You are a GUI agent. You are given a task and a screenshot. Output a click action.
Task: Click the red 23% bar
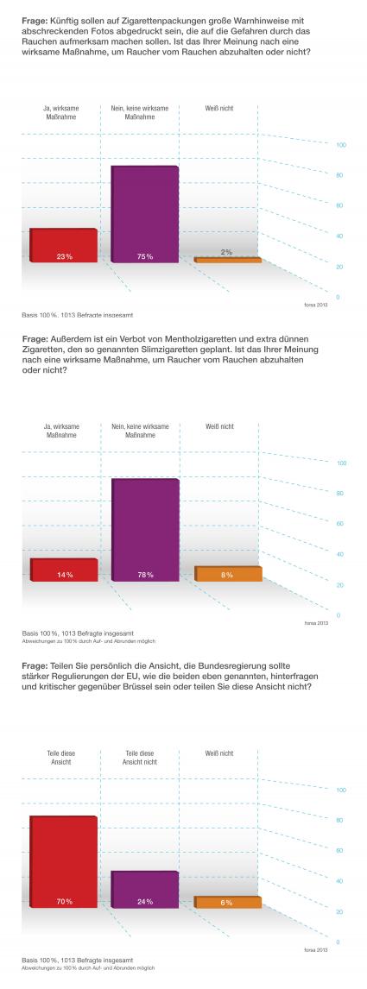coord(64,245)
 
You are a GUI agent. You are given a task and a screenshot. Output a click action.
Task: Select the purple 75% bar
coord(145,214)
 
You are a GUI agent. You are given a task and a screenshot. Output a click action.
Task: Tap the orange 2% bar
coord(228,260)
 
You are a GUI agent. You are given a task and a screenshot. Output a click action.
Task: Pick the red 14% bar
coord(64,570)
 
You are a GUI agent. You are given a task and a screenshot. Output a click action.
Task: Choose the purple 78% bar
coord(145,530)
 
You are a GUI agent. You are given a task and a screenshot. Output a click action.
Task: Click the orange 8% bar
coord(228,573)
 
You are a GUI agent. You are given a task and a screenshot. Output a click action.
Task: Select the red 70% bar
coord(64,861)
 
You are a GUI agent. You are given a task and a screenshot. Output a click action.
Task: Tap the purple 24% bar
coord(145,890)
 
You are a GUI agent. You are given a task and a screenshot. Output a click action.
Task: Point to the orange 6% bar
coord(228,902)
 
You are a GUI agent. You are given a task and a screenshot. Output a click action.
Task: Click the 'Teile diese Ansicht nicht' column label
coord(139,758)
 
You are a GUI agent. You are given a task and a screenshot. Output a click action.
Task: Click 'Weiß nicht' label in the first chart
coord(219,109)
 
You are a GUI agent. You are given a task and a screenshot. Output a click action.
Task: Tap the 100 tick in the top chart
coord(341,145)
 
